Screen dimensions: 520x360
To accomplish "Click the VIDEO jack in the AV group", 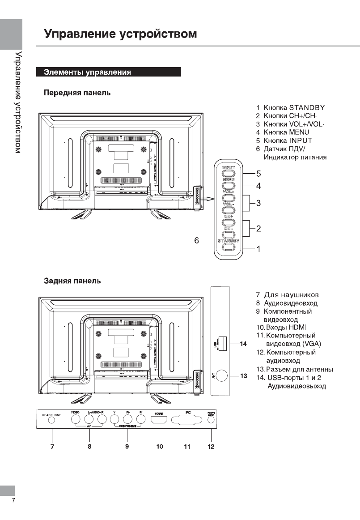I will (x=76, y=419).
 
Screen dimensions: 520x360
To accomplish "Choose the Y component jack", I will (x=115, y=419).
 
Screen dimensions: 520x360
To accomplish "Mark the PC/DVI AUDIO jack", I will (x=211, y=420).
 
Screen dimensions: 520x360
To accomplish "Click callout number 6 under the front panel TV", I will (x=196, y=240).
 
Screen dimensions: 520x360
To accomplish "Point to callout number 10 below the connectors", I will (x=160, y=446).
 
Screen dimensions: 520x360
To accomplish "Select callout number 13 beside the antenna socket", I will (x=244, y=376).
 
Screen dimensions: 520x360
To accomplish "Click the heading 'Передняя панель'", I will (x=77, y=93).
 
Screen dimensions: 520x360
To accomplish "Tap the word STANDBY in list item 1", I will (x=307, y=108).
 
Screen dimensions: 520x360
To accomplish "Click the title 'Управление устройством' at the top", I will (x=120, y=34).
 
